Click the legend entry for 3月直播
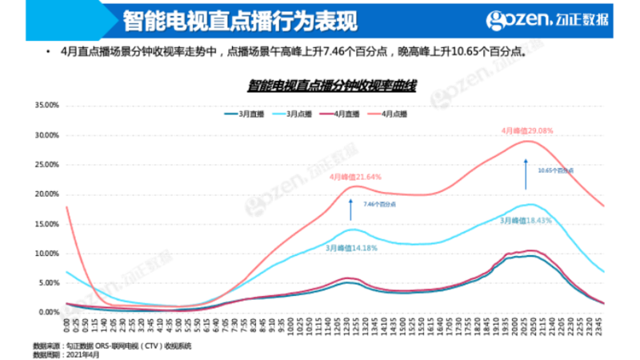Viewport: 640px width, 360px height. click(246, 114)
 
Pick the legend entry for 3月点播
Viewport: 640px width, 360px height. click(298, 114)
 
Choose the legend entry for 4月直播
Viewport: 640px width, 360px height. click(349, 114)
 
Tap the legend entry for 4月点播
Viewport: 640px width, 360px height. click(401, 114)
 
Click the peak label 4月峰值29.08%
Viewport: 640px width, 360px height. click(527, 130)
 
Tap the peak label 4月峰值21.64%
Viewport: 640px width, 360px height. click(356, 177)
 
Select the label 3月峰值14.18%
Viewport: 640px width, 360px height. click(351, 249)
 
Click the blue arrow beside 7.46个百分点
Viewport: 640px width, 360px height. click(350, 210)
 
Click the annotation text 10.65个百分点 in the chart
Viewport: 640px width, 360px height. click(556, 170)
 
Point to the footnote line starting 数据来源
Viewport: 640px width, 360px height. click(112, 346)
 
